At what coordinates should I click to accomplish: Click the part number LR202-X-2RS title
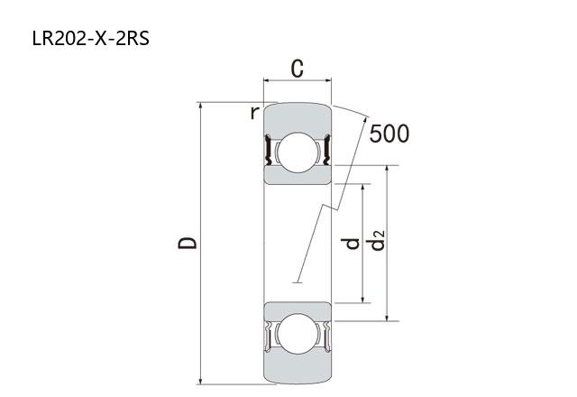click(x=91, y=39)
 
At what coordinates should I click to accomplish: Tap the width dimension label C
click(x=298, y=69)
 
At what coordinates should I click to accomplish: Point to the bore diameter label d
click(x=350, y=244)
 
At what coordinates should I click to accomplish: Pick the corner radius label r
click(x=254, y=113)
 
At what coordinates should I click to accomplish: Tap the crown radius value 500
click(x=389, y=134)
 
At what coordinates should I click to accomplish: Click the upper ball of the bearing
click(x=298, y=152)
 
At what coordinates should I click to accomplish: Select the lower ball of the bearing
click(x=298, y=334)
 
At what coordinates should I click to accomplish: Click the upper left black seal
click(x=268, y=150)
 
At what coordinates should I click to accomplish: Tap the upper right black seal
click(x=326, y=150)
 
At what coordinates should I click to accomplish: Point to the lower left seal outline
click(x=269, y=337)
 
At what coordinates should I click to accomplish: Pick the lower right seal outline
click(x=326, y=337)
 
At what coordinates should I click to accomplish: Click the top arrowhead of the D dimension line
click(x=200, y=106)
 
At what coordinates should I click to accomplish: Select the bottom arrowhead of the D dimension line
click(x=200, y=381)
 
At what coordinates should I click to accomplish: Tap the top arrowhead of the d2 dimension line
click(x=387, y=170)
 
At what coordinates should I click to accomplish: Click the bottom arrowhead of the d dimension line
click(x=362, y=299)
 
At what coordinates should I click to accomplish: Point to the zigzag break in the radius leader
click(x=330, y=208)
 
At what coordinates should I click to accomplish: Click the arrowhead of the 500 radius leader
click(x=365, y=120)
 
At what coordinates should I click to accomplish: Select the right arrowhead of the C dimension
click(x=327, y=80)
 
